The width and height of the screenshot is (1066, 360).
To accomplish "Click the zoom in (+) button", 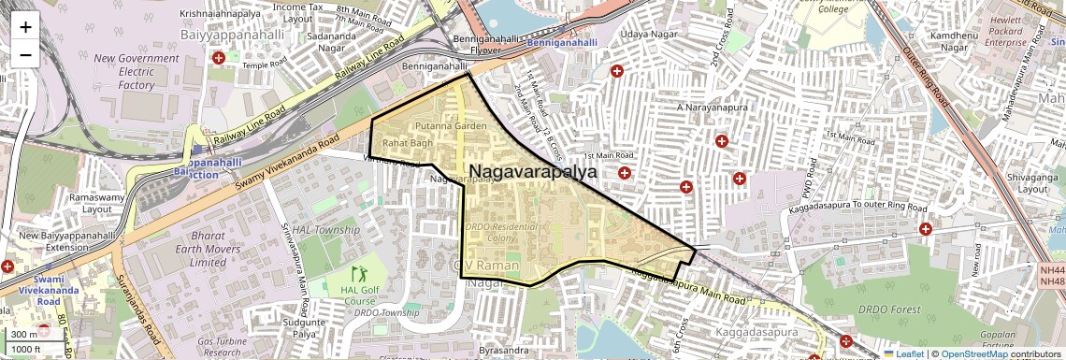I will coord(25,26).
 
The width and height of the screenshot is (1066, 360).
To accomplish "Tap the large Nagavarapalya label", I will coord(534,172).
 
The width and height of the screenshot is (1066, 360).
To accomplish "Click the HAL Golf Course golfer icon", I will coord(359,275).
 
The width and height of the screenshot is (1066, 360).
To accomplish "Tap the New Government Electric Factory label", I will coord(136,72).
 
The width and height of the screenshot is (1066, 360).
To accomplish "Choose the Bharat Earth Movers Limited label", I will coord(208,249).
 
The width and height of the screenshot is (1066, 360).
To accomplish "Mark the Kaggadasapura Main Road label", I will coord(688,286).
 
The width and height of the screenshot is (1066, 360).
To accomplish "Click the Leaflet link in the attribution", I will coord(903,353).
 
